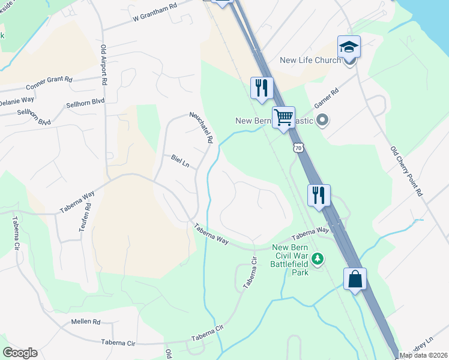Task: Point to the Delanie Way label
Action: click(x=17, y=100)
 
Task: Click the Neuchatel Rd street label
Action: click(x=201, y=127)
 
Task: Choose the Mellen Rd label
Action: click(x=85, y=322)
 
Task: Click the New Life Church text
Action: click(x=310, y=60)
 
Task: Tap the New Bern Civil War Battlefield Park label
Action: click(x=290, y=260)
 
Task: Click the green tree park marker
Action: click(x=318, y=259)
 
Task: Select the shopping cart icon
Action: click(x=283, y=117)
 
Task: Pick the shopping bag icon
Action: click(x=355, y=279)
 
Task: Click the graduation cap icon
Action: click(x=349, y=46)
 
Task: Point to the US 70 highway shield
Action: click(x=298, y=148)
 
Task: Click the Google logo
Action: click(x=20, y=353)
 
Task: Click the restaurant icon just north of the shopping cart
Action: click(x=262, y=88)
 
